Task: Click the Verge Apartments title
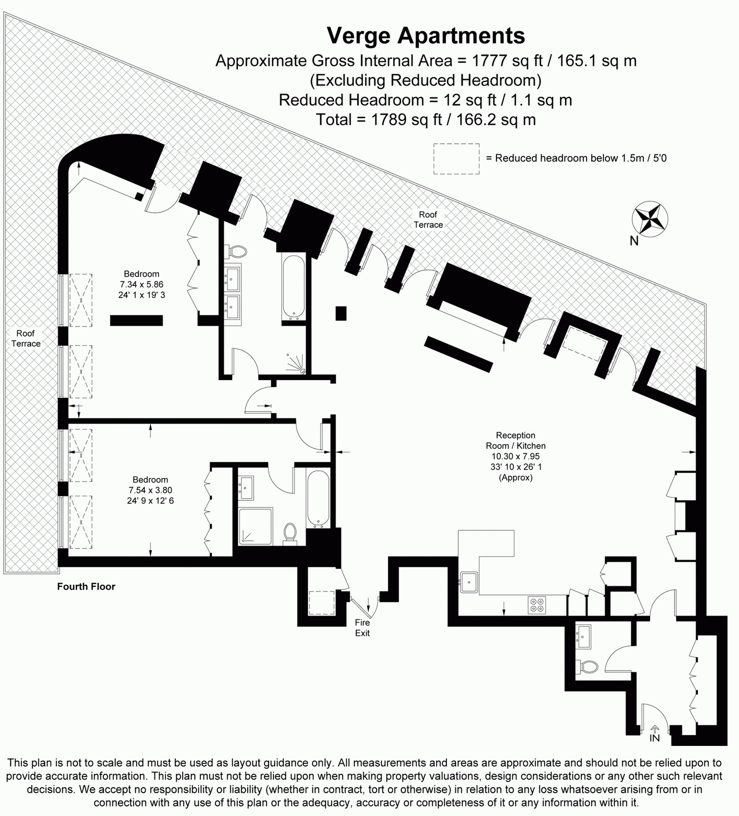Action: [x=426, y=36]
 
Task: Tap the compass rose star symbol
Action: [x=650, y=219]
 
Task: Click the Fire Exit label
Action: [x=362, y=628]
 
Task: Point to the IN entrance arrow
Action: [x=655, y=730]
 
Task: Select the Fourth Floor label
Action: [x=86, y=587]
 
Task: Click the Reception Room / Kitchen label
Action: [x=516, y=440]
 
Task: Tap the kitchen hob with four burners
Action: [x=537, y=605]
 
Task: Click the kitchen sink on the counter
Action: [x=469, y=582]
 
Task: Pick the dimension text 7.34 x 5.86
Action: [x=142, y=284]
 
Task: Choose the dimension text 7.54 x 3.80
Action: [x=150, y=490]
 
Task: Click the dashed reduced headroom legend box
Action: [x=457, y=159]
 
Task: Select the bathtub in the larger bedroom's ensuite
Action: [x=294, y=288]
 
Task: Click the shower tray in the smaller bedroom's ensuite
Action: [x=255, y=525]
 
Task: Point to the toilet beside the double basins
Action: [x=236, y=251]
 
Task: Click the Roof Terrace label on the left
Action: [x=26, y=339]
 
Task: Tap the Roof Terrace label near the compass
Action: [x=428, y=219]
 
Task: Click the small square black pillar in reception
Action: [x=341, y=313]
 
